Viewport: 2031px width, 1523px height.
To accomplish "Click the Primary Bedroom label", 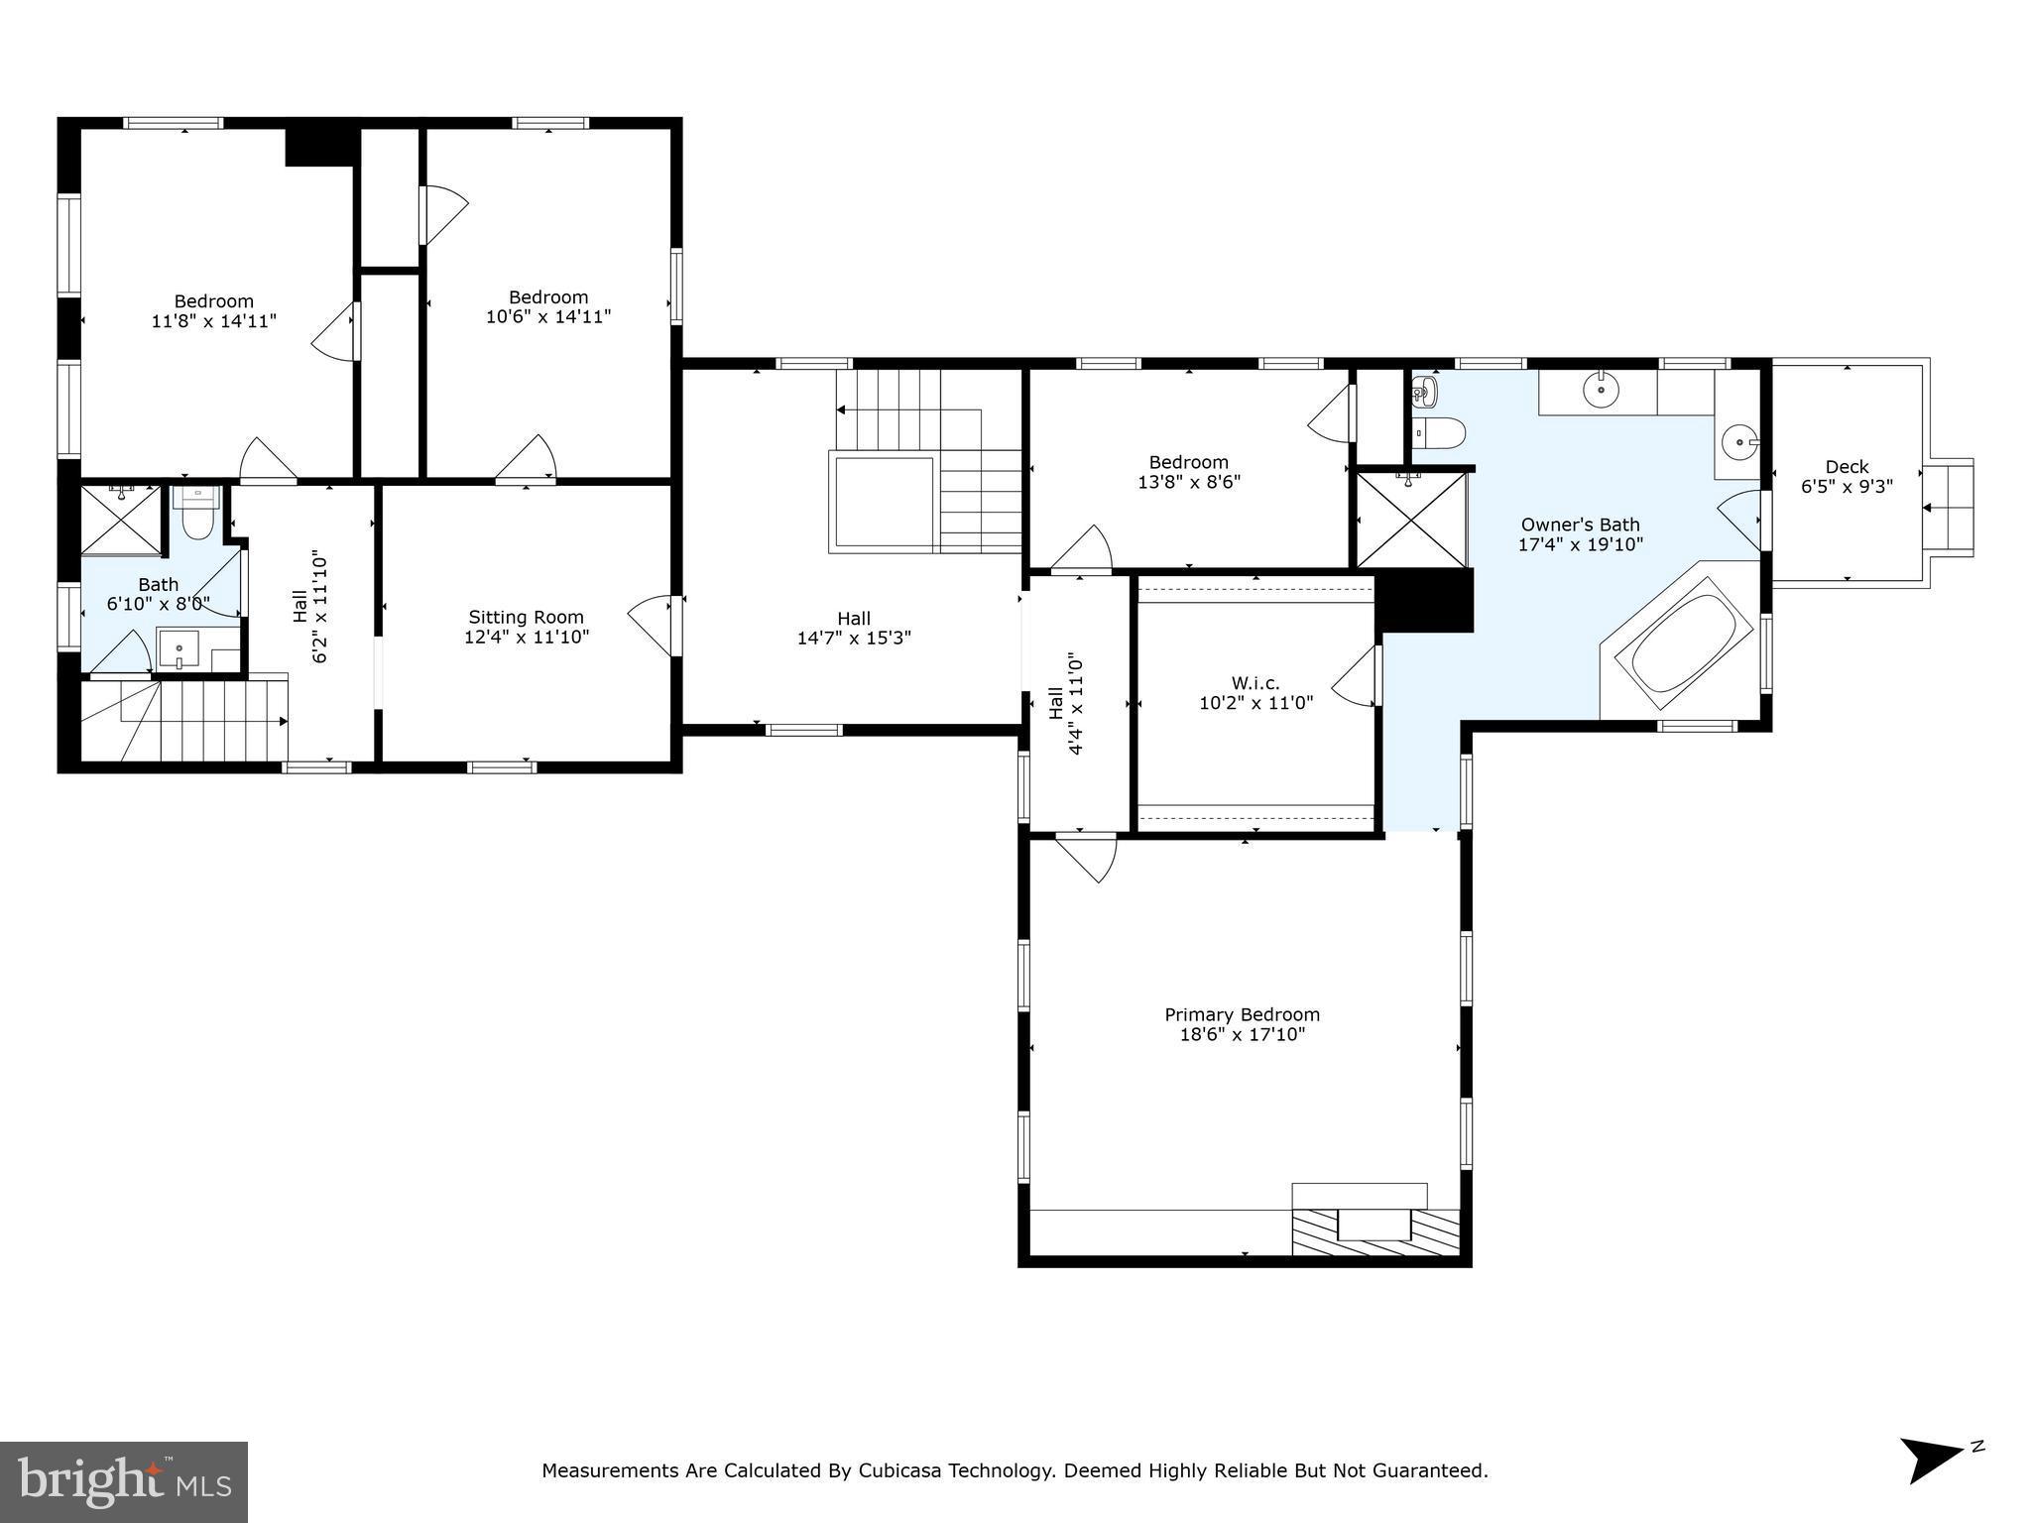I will click(x=1242, y=1014).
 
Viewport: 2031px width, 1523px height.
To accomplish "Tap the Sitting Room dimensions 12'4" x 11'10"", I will click(x=527, y=637).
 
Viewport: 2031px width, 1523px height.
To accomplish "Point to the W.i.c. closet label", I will click(x=1255, y=683).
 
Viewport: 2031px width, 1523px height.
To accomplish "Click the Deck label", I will click(x=1847, y=466).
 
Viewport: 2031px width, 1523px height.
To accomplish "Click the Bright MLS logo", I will click(x=124, y=1482).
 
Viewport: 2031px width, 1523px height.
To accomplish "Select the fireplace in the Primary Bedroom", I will click(x=1374, y=1226).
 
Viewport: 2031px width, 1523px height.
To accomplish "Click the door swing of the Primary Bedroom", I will click(x=1089, y=856).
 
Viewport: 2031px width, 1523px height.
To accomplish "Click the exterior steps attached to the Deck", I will click(x=1949, y=507).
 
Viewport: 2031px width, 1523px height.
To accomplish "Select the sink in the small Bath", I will click(x=179, y=649).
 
